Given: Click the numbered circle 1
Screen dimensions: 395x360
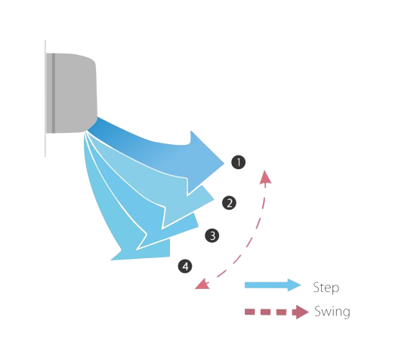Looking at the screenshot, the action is (239, 162).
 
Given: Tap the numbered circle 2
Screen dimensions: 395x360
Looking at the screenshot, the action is (230, 203).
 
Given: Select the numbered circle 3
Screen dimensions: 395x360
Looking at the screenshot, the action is (212, 235).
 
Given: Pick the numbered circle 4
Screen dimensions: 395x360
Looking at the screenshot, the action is (185, 266).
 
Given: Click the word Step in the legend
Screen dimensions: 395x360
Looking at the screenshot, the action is (326, 288).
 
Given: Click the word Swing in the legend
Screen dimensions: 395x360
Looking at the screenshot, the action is (332, 312).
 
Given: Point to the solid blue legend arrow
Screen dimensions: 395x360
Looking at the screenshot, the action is (273, 285).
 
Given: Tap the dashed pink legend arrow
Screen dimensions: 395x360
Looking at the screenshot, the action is (276, 312).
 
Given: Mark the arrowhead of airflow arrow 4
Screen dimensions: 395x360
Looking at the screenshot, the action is (146, 251).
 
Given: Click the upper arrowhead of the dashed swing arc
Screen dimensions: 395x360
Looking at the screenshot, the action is (265, 177).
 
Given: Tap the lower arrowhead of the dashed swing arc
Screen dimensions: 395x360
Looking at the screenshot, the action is (202, 284).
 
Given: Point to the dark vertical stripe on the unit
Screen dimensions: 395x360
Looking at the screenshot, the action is (54, 93).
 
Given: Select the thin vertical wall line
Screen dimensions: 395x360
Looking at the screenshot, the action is (45, 98).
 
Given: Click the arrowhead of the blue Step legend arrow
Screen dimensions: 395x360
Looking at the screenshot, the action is (295, 285).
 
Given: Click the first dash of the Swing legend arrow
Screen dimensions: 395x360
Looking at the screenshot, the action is (250, 312).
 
